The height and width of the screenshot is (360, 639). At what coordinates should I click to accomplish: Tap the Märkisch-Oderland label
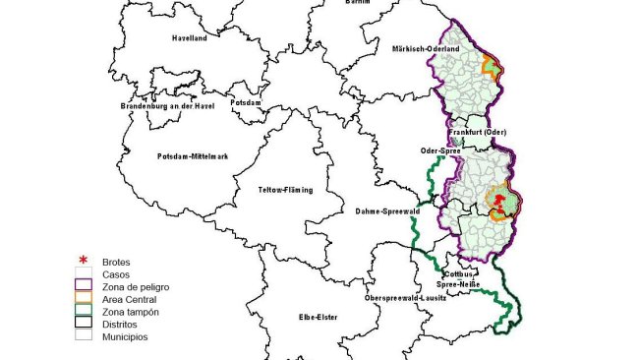(426, 48)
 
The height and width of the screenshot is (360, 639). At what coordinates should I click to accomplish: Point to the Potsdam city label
(243, 102)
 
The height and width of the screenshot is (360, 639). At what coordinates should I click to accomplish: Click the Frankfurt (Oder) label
(478, 132)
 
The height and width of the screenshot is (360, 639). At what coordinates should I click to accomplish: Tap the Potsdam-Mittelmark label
(194, 156)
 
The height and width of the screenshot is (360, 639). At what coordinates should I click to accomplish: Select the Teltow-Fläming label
(285, 190)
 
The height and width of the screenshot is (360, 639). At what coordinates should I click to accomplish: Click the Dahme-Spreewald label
(385, 210)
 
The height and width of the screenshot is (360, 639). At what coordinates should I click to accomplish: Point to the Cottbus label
(459, 274)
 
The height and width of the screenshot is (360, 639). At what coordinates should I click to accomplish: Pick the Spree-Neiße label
(463, 284)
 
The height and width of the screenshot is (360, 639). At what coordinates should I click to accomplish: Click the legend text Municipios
(125, 335)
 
